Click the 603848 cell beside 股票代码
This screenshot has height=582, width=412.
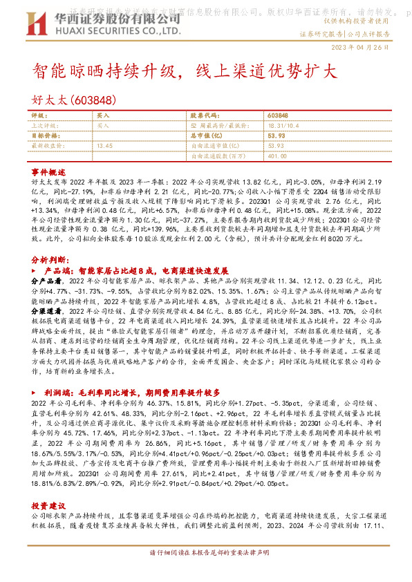tap(277, 116)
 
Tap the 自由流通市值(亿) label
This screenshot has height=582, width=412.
tap(213, 146)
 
